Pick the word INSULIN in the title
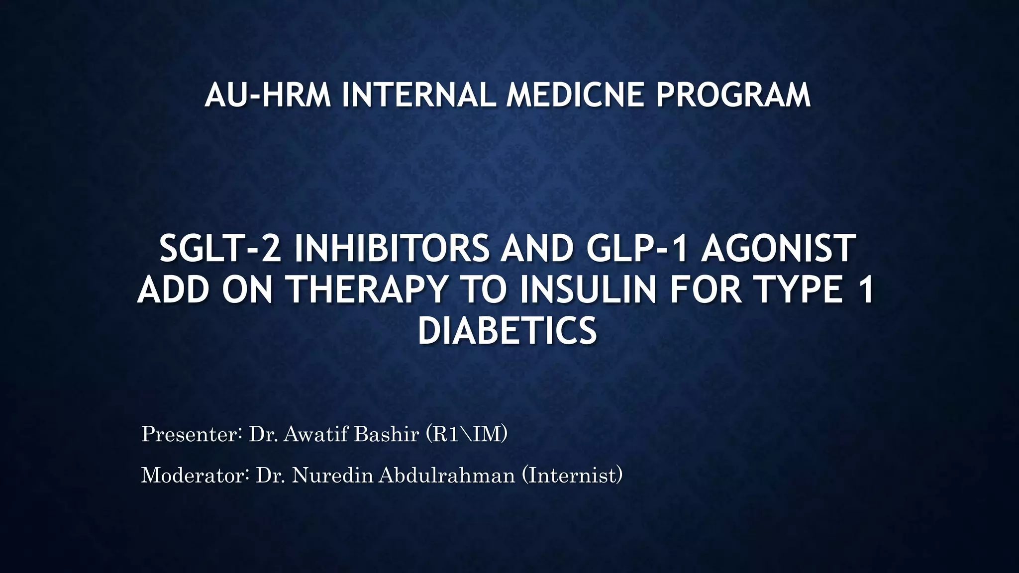point(588,290)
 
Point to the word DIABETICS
point(507,331)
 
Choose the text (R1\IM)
point(467,434)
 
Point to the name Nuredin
point(332,476)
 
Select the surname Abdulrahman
point(447,476)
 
